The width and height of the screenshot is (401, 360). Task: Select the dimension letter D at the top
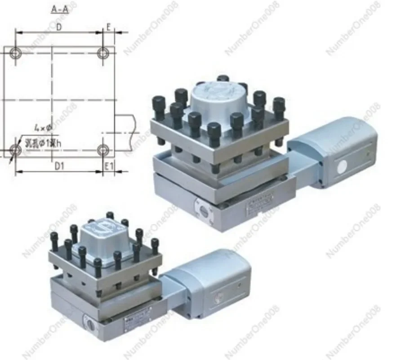tap(58, 27)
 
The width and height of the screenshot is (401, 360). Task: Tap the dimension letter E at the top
tap(108, 27)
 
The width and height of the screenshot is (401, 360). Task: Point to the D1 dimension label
tap(59, 166)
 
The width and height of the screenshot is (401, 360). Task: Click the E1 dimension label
tap(108, 166)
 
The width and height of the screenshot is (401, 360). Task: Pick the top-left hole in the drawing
tap(16, 53)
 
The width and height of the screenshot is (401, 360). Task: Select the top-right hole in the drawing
tap(104, 53)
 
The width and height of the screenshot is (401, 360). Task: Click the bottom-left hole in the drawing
tap(16, 149)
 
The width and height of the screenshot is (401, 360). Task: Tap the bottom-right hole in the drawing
tap(104, 149)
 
